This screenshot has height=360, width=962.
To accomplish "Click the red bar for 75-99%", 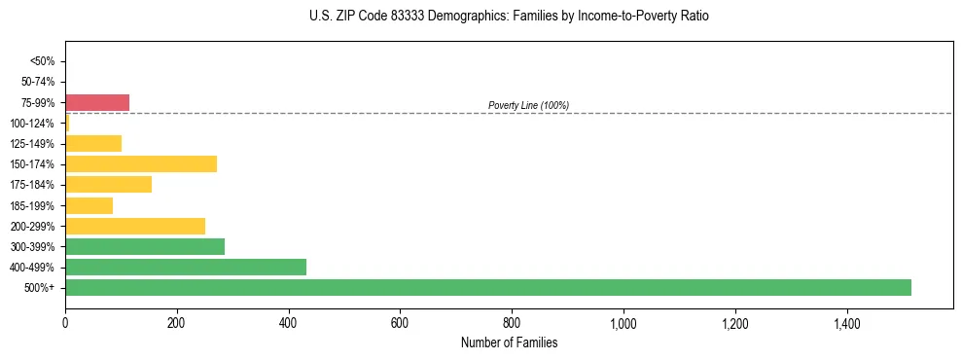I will point(97,102).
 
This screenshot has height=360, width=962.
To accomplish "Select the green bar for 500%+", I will point(487,287).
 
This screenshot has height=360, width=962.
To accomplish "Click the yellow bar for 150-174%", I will point(141,163).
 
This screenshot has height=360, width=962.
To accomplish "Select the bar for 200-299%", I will point(135,226).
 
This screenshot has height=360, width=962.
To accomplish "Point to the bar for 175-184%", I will point(108,184).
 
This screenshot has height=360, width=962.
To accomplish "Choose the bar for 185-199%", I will point(89,205).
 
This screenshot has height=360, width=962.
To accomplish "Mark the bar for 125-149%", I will point(93,143).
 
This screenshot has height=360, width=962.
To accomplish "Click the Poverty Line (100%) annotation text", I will point(528,105).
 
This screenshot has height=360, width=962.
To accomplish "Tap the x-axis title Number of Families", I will point(509,342).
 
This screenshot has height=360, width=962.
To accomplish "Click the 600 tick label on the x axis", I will point(400,323).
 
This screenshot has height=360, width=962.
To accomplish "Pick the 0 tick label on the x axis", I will point(65,323).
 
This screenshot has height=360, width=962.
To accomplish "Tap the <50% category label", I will point(43,61).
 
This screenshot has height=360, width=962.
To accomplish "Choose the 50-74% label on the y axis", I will point(39,82).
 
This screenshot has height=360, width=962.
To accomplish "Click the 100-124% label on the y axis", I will point(34,123).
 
